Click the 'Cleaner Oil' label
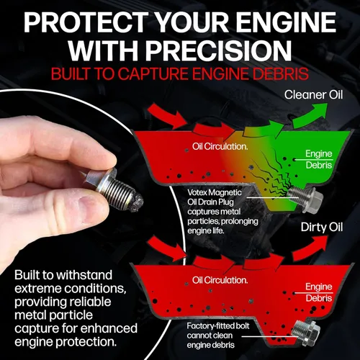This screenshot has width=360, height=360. point(313,95)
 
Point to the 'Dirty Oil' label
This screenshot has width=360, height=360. point(322,227)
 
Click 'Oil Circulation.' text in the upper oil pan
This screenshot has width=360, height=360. point(220,146)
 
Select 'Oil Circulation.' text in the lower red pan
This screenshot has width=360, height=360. point(220,280)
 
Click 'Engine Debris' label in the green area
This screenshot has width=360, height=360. point(319,159)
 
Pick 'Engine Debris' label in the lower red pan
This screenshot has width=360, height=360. point(319,292)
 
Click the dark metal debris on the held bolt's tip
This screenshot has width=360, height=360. point(135,204)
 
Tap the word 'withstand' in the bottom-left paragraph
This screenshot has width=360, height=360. point(84,275)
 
